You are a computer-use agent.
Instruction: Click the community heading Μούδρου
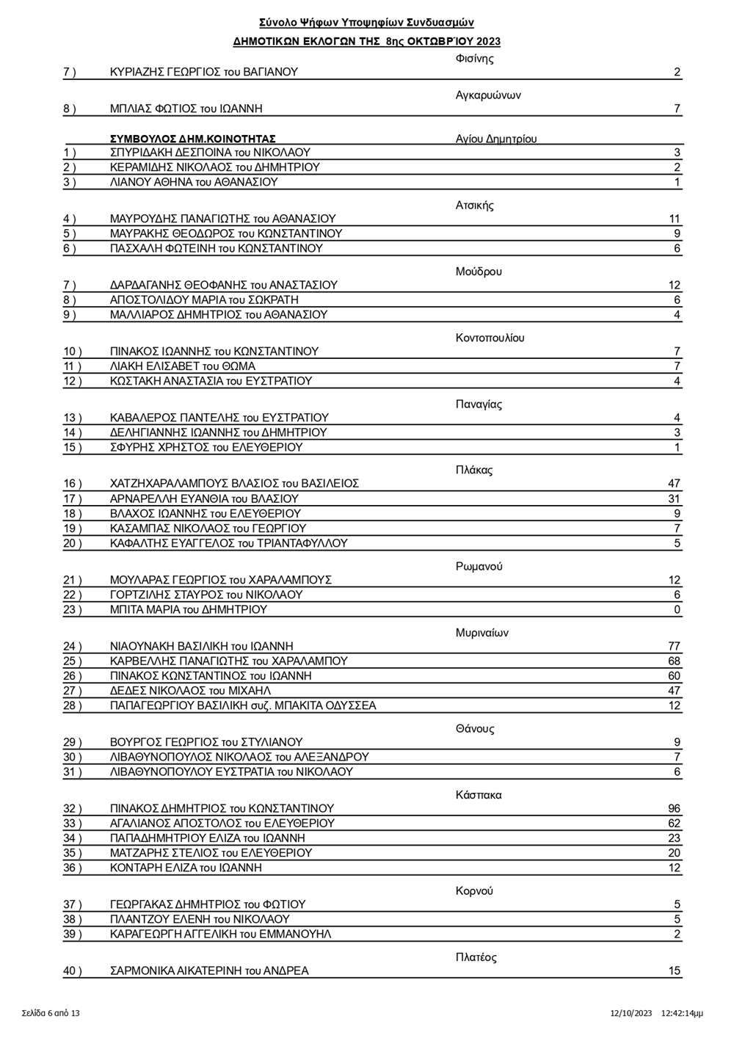click(x=479, y=272)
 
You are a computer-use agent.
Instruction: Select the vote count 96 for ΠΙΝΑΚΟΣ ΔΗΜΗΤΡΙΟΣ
click(x=674, y=808)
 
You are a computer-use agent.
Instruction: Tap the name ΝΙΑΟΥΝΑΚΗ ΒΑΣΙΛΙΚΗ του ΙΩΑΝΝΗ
click(x=201, y=646)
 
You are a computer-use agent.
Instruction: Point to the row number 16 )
click(x=73, y=484)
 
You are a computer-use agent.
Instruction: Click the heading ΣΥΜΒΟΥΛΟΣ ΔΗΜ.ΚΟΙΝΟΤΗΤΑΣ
click(x=192, y=138)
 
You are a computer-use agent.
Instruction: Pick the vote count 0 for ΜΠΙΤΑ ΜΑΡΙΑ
click(x=677, y=609)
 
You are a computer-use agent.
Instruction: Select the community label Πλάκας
click(x=473, y=470)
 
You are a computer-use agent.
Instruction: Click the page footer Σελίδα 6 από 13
click(x=51, y=1013)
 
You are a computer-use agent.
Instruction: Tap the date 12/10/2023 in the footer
click(x=631, y=1013)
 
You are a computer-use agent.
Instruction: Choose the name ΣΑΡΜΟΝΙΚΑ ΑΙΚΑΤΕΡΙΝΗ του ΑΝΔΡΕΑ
click(x=209, y=970)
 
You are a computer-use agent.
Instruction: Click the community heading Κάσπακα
click(x=479, y=795)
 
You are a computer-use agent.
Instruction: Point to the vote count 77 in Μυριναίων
click(x=674, y=646)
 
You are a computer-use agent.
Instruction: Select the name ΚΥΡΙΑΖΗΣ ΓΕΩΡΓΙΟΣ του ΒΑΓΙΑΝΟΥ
click(x=203, y=72)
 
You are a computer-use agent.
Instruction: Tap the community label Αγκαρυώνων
click(x=488, y=95)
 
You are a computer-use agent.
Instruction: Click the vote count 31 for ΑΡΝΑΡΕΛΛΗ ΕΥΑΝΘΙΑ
click(x=674, y=498)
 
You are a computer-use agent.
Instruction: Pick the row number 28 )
click(x=73, y=705)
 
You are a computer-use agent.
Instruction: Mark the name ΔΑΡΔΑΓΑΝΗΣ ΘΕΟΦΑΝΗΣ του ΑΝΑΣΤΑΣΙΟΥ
click(x=223, y=285)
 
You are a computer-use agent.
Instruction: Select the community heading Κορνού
click(x=474, y=890)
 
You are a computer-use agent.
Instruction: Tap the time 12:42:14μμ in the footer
click(x=682, y=1013)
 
